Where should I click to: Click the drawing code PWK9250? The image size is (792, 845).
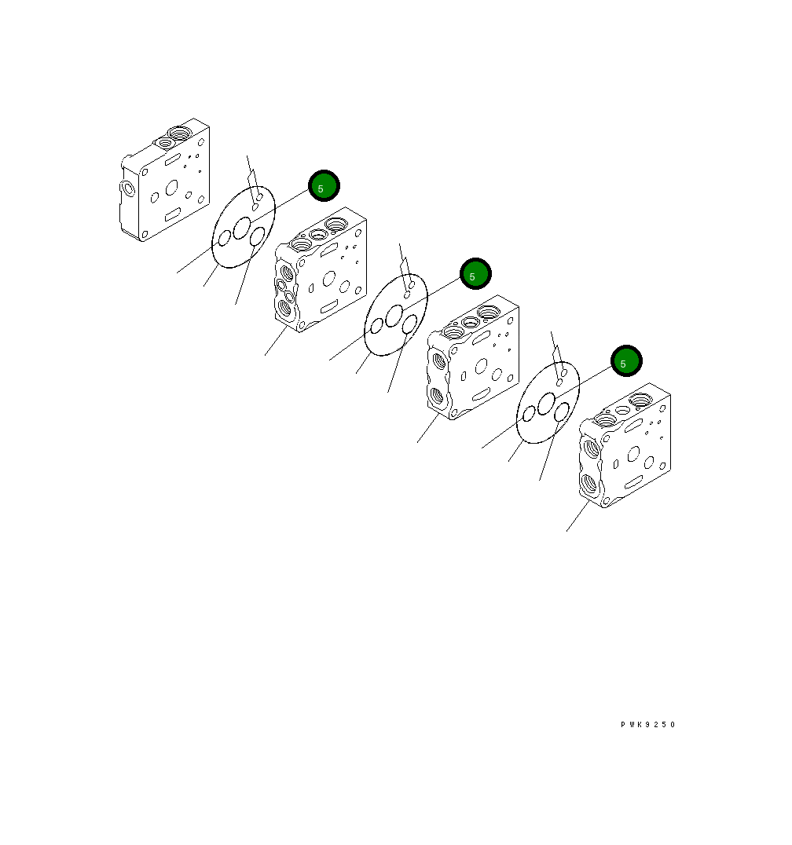(647, 724)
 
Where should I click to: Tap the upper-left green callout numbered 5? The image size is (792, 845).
(324, 186)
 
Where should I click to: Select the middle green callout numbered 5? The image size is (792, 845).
(475, 274)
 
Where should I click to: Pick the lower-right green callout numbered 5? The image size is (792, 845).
(626, 361)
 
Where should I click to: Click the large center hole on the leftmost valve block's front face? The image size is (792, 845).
(172, 188)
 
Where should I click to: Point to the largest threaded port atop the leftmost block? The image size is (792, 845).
(179, 133)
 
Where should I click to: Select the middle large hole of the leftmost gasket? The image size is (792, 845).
(242, 228)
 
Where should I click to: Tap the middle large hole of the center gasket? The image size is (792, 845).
(394, 316)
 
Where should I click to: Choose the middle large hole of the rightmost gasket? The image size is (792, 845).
(547, 403)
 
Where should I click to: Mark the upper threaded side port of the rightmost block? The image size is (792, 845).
(592, 448)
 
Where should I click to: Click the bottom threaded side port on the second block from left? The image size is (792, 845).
(284, 308)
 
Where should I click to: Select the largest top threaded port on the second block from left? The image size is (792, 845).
(336, 223)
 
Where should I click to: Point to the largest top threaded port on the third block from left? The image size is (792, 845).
(489, 312)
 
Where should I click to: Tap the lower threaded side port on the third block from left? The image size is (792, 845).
(437, 397)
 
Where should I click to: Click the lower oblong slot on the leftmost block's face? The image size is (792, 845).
(173, 214)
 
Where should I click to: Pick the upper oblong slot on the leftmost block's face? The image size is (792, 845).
(173, 159)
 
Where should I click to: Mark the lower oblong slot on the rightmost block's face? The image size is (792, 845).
(633, 481)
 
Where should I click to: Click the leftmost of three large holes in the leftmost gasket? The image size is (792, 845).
(224, 238)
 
